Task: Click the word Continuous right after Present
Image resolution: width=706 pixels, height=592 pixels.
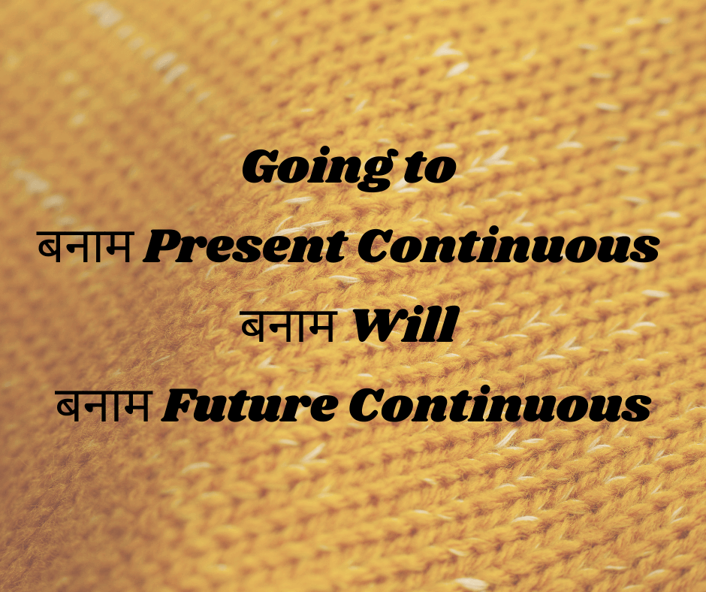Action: pyautogui.click(x=508, y=245)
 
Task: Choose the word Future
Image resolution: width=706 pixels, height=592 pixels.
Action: pyautogui.click(x=250, y=405)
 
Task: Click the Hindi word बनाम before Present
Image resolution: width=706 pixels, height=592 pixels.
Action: pyautogui.click(x=86, y=246)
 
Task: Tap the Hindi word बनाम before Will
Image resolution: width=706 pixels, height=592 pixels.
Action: pyautogui.click(x=289, y=326)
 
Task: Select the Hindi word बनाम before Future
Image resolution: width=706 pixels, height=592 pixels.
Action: pyautogui.click(x=104, y=405)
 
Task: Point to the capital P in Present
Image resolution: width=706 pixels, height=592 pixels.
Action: pyautogui.click(x=164, y=246)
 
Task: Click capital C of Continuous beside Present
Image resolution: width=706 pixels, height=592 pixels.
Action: pyautogui.click(x=374, y=246)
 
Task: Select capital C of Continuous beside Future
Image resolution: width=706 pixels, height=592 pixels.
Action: pyautogui.click(x=365, y=406)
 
